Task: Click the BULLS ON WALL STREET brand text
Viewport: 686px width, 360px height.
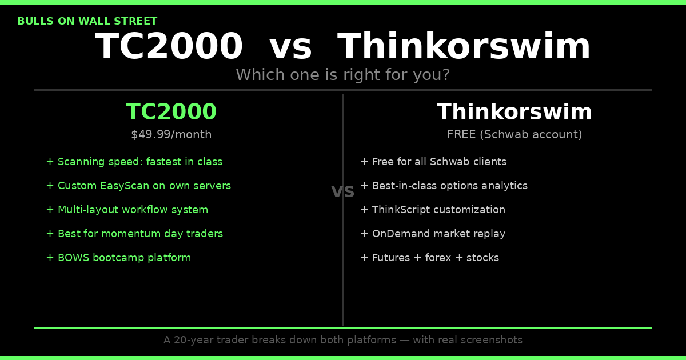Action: click(87, 22)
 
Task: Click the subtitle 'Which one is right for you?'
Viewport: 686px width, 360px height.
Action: click(343, 75)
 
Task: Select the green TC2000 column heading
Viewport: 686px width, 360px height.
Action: click(171, 113)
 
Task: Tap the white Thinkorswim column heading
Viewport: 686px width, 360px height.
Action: click(514, 113)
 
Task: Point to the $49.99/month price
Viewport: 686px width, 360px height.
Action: click(171, 135)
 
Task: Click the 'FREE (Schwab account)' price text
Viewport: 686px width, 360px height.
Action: click(514, 135)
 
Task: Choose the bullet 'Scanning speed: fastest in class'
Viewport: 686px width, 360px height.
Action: click(134, 162)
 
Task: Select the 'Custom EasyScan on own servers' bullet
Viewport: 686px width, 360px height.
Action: click(138, 186)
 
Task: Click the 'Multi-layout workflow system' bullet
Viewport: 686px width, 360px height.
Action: click(127, 210)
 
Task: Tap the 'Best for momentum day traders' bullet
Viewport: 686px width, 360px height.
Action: click(134, 234)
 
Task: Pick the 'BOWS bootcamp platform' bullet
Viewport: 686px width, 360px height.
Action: click(118, 258)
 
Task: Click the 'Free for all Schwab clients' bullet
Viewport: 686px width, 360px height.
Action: click(433, 162)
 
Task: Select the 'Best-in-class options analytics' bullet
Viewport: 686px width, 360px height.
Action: click(444, 186)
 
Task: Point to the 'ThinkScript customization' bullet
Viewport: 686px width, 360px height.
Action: click(433, 210)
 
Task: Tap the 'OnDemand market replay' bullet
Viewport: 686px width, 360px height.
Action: click(433, 234)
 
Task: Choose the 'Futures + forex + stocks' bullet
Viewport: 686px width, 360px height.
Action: click(429, 258)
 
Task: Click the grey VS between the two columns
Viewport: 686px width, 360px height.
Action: click(343, 193)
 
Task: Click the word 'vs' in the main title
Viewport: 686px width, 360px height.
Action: click(290, 47)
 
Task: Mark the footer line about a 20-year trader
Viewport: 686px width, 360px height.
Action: click(343, 341)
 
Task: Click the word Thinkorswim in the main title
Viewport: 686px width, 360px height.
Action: click(464, 47)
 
